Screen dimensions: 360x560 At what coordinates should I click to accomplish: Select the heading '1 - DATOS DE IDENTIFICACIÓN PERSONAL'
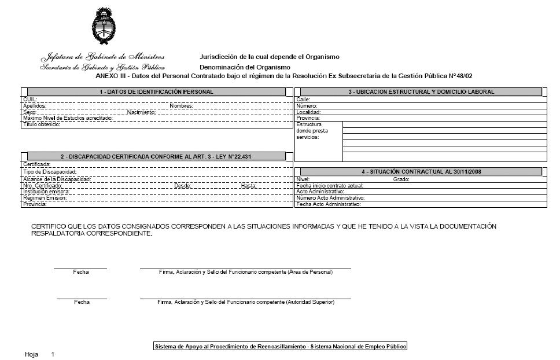(x=156, y=92)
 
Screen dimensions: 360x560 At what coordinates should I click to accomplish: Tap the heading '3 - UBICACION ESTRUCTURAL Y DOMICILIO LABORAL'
(x=421, y=92)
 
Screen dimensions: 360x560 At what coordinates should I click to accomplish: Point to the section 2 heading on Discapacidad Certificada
(x=156, y=156)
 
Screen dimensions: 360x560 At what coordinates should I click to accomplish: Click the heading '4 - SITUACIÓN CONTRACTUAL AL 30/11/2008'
(x=421, y=172)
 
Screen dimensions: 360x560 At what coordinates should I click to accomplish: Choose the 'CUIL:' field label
(x=30, y=100)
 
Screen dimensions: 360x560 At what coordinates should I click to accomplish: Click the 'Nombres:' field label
(x=181, y=106)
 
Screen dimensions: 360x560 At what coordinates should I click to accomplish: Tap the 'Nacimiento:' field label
(x=141, y=112)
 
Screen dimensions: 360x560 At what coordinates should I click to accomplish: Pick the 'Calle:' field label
(x=303, y=100)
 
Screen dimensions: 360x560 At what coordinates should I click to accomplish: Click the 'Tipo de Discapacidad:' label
(x=49, y=172)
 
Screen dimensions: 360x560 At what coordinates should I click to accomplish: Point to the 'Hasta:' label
(x=249, y=186)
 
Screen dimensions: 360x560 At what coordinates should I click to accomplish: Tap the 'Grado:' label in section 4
(x=401, y=179)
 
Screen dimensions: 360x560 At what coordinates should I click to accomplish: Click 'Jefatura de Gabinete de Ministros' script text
(x=102, y=57)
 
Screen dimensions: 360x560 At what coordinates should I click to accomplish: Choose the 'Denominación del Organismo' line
(x=245, y=68)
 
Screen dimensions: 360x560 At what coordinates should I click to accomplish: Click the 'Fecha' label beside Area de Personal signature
(x=81, y=272)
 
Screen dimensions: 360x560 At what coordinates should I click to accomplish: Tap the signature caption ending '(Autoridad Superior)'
(x=246, y=302)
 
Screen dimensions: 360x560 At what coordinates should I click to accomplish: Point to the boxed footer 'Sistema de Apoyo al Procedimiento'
(x=280, y=346)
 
